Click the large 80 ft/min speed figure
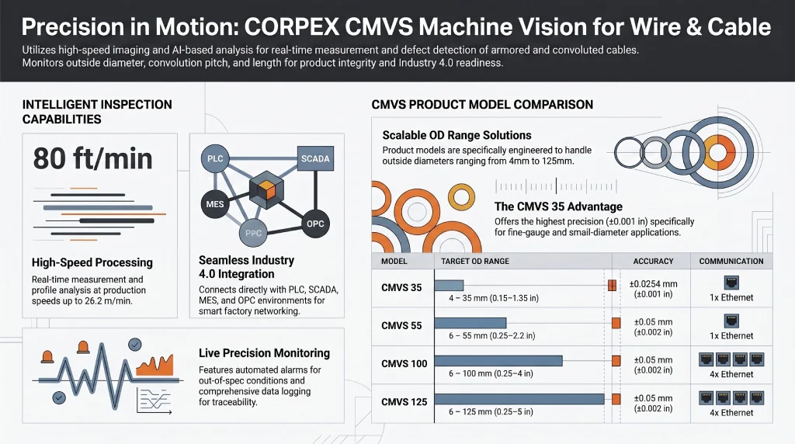click(92, 159)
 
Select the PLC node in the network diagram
click(215, 159)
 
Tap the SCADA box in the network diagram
click(314, 158)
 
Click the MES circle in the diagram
click(215, 204)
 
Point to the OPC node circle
click(315, 224)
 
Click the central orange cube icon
click(266, 190)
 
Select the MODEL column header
click(394, 262)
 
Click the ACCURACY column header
click(653, 262)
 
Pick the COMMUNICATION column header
click(731, 262)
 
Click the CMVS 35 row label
click(401, 288)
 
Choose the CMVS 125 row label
click(404, 401)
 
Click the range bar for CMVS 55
click(470, 323)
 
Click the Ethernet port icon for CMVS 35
click(731, 283)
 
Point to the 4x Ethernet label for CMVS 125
click(731, 413)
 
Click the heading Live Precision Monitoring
click(264, 353)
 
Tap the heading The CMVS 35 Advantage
click(558, 206)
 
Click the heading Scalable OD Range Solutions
click(457, 135)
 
